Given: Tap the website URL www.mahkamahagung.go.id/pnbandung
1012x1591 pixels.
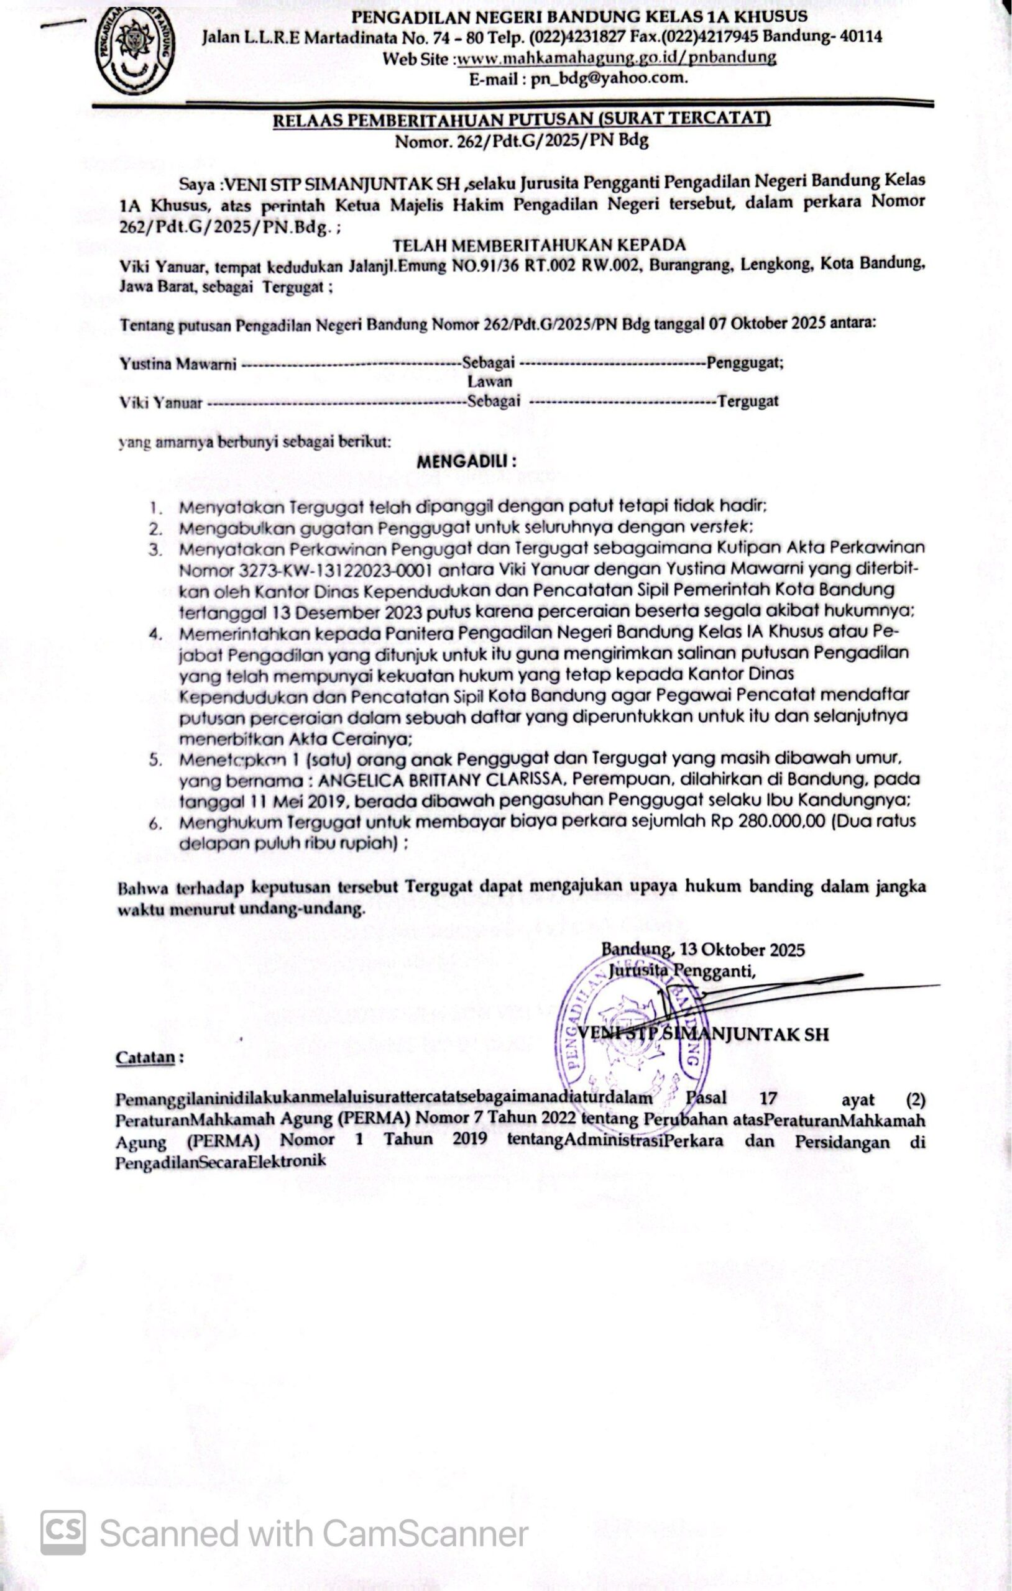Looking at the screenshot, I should (616, 58).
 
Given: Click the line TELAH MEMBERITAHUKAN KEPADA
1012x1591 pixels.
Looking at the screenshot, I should (540, 245).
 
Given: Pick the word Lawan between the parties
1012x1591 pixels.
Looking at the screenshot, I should (490, 381).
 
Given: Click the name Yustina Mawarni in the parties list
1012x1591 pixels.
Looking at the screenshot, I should (178, 364).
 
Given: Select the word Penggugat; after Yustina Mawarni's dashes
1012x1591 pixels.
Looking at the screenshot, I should (745, 362).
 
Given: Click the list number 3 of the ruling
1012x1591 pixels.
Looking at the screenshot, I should (155, 549).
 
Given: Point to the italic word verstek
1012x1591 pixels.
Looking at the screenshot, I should (722, 527).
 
